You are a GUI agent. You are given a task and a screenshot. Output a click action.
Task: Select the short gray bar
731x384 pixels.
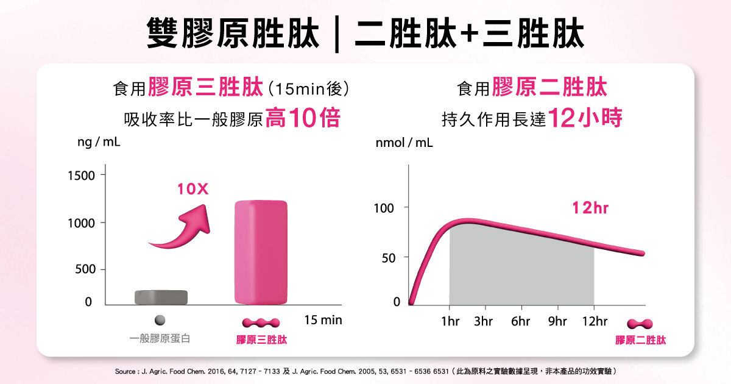click(161, 297)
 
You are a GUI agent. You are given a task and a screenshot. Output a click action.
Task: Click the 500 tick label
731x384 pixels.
click(85, 269)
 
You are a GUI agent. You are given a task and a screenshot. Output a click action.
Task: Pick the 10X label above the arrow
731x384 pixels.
click(193, 190)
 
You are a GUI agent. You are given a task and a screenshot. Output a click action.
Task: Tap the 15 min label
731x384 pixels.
click(323, 320)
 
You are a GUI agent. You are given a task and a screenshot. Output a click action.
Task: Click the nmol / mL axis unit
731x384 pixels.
click(404, 143)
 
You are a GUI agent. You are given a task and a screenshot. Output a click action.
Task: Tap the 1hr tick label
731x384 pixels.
click(450, 321)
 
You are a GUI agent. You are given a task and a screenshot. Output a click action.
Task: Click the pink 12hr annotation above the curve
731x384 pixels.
click(590, 208)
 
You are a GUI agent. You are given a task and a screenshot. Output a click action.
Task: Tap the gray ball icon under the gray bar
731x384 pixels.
click(160, 321)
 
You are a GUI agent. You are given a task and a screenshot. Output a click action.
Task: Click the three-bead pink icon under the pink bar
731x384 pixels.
click(261, 322)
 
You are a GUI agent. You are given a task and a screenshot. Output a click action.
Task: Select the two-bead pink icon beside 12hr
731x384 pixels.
click(640, 324)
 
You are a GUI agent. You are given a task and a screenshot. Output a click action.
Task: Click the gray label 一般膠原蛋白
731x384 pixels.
click(160, 339)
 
